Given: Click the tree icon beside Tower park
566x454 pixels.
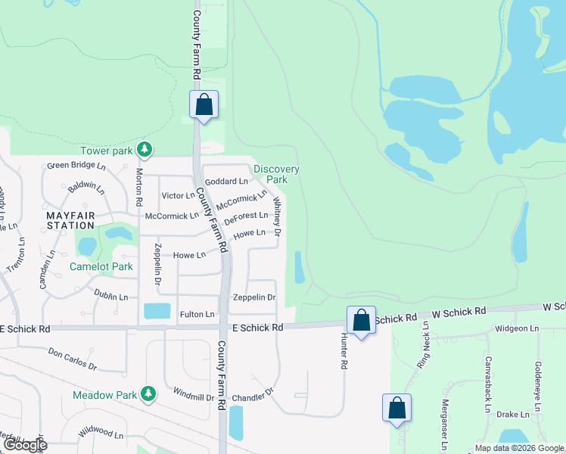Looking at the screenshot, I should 144,150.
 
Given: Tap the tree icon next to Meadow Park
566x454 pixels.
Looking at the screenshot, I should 148,394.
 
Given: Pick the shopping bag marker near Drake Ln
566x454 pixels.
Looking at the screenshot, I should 397,408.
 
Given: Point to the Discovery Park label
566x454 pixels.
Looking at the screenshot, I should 276,174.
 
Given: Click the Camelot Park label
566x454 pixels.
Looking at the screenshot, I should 101,266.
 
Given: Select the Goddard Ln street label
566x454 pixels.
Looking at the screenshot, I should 227,182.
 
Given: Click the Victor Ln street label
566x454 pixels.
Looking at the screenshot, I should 179,196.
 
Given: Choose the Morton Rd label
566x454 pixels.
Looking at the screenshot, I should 139,188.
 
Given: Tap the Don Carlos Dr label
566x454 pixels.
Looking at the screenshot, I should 73,358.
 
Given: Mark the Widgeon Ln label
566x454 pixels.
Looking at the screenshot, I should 517,329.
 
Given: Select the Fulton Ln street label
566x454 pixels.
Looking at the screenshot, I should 197,314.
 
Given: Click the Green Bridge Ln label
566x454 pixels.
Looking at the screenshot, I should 76,165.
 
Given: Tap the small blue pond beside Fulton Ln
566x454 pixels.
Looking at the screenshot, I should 157,310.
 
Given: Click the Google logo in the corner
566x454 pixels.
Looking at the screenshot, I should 25,445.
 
